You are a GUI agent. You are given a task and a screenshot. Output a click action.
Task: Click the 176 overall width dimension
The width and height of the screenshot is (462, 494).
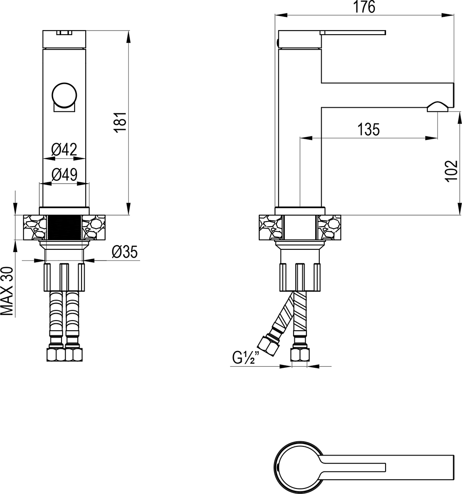(x=364, y=7)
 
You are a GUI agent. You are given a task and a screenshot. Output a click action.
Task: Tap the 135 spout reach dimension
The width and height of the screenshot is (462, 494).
(x=368, y=130)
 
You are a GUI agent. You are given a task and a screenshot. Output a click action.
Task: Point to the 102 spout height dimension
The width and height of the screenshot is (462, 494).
(x=451, y=170)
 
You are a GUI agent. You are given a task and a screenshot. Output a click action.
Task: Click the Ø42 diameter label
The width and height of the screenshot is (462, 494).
(x=64, y=149)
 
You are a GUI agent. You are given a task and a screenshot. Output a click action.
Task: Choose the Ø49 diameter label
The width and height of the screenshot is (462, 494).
(x=64, y=174)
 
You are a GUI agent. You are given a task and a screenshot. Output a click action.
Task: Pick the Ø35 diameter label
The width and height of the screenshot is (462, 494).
(x=125, y=252)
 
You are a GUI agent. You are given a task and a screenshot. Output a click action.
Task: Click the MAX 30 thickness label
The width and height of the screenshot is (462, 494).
(x=7, y=291)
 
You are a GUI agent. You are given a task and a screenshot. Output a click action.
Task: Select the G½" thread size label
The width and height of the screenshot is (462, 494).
(x=246, y=357)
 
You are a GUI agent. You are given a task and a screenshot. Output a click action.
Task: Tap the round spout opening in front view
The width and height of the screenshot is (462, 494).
(x=64, y=95)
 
